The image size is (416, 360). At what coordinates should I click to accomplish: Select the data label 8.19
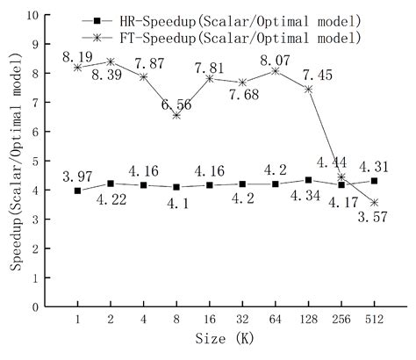(x=78, y=56)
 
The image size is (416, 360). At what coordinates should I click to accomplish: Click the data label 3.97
(x=78, y=177)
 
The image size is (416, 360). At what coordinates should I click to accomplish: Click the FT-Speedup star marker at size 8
(x=176, y=115)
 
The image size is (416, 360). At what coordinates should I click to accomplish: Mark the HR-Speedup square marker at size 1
(x=78, y=191)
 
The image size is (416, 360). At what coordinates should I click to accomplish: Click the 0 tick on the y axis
(x=34, y=307)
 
